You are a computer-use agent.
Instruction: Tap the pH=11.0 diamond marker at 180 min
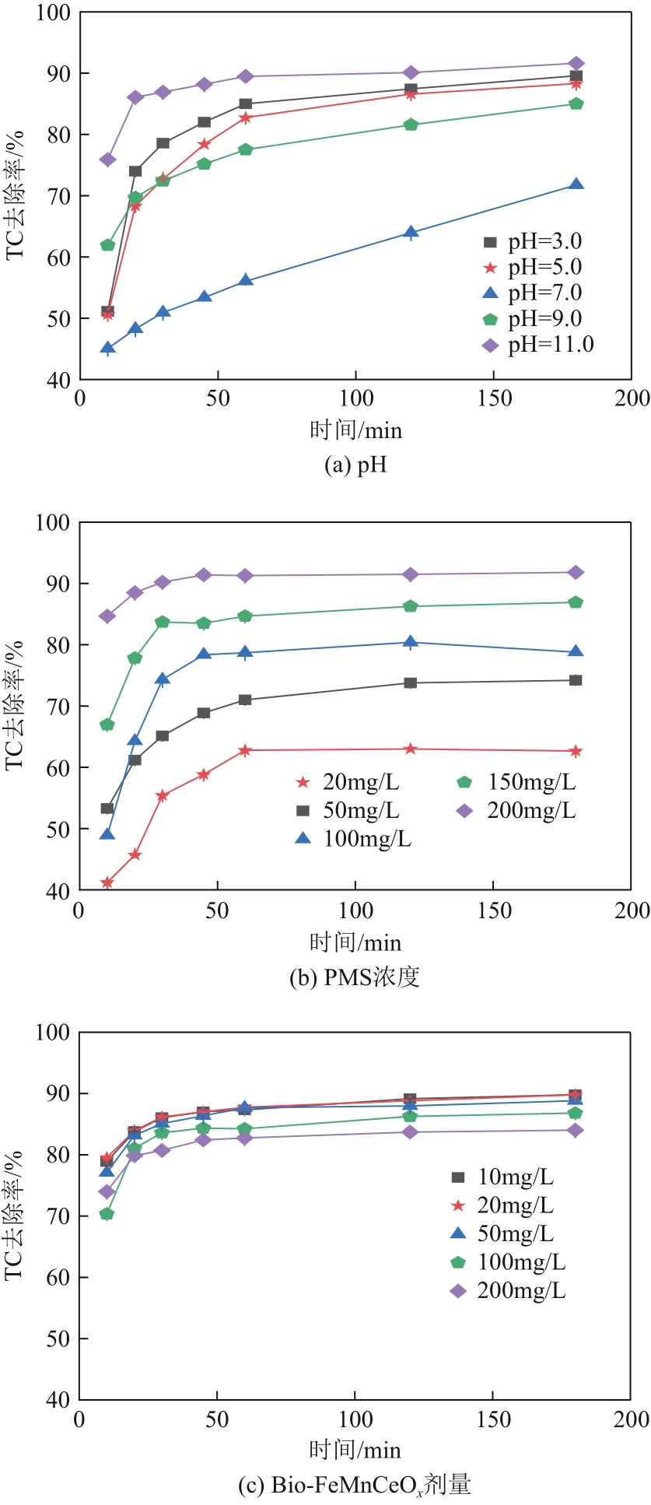click(576, 64)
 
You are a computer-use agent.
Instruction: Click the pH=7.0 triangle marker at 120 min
click(411, 233)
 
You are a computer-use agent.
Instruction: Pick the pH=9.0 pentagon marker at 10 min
click(107, 245)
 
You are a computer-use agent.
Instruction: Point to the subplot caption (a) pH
click(355, 465)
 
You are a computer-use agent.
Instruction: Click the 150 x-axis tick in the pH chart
click(494, 398)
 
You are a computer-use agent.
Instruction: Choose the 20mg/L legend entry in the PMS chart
click(348, 783)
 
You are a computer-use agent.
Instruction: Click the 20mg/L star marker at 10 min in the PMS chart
click(107, 882)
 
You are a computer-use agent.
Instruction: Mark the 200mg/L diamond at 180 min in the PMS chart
click(576, 573)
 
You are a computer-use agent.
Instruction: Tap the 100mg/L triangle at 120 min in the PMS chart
click(410, 642)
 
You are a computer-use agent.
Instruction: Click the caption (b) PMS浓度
click(355, 977)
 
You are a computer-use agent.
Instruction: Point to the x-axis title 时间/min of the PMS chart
click(355, 942)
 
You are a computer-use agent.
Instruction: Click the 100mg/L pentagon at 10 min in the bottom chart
click(107, 1214)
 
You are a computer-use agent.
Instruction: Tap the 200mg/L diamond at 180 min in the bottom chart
click(576, 1130)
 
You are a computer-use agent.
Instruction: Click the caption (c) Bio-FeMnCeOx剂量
click(355, 1486)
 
